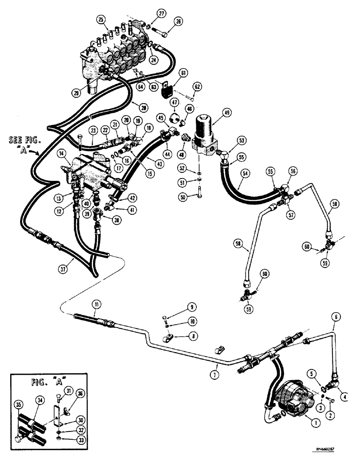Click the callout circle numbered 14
(62, 153)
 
